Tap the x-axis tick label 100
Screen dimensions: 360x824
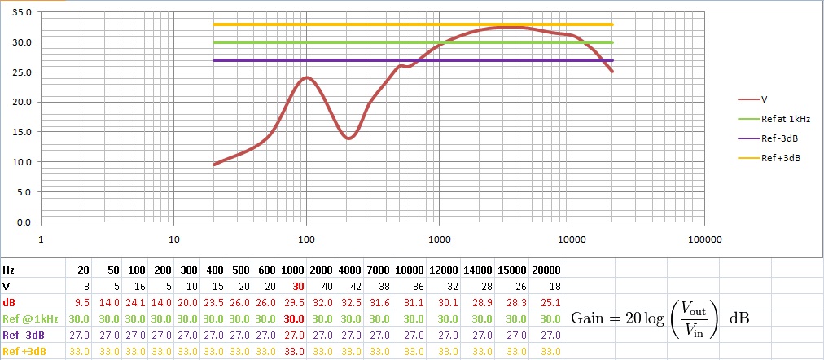306,240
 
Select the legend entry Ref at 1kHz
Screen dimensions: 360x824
785,118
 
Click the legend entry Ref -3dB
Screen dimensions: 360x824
779,138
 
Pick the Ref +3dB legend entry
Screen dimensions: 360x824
780,158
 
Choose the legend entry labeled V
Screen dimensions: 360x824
765,99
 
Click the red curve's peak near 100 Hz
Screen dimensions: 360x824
306,77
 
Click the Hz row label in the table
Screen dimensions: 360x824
8,270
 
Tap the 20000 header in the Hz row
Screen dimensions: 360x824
546,270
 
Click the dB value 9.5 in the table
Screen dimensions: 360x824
83,302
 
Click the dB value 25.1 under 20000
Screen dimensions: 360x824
552,302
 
